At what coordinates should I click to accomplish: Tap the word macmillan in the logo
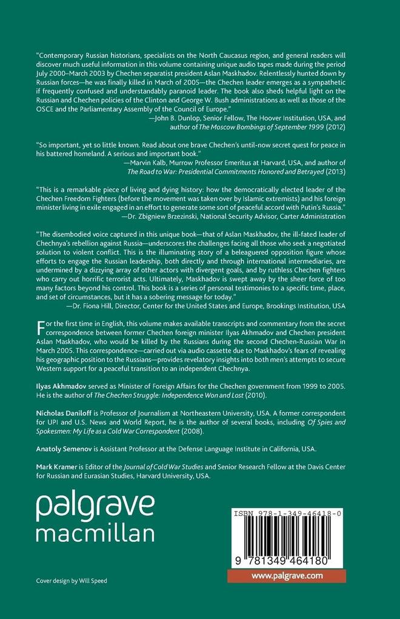[x=95, y=534]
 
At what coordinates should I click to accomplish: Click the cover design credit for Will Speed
[x=72, y=581]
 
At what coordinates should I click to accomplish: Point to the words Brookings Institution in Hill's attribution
[x=304, y=306]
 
